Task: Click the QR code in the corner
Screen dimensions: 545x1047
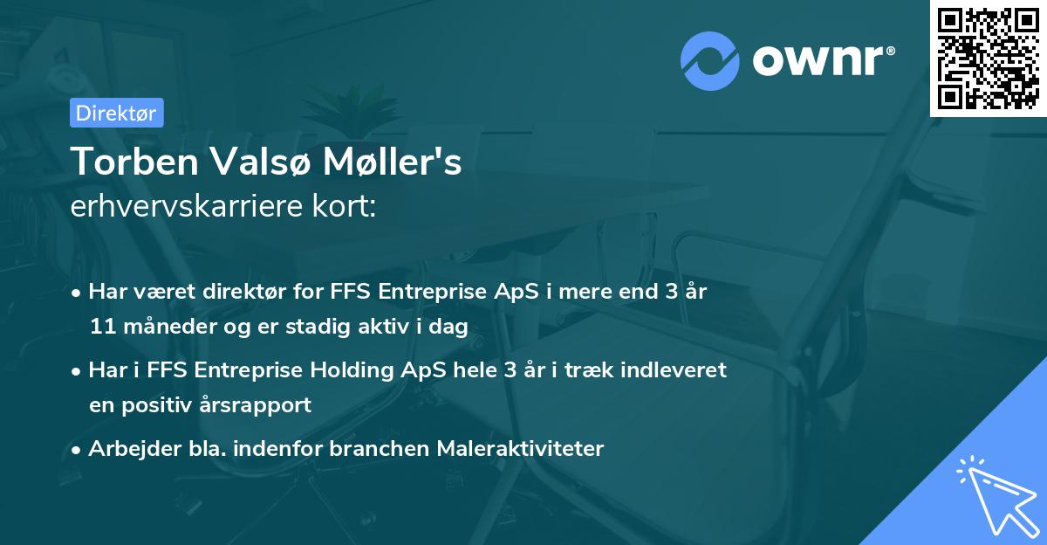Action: [989, 58]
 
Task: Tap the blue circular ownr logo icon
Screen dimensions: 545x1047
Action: [710, 60]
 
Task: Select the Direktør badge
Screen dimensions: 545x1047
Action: [116, 113]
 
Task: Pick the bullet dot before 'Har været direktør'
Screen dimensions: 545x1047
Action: [78, 293]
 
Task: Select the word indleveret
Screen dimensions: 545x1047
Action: [676, 370]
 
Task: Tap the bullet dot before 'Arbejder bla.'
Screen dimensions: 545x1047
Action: [78, 450]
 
